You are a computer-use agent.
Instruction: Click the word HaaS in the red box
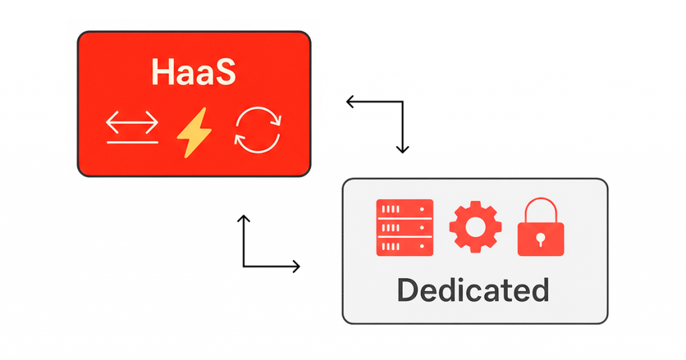click(x=194, y=72)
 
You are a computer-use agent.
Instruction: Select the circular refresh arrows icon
click(x=258, y=130)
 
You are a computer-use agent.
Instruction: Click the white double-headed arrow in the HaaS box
click(x=132, y=123)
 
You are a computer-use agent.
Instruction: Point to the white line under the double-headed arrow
click(x=132, y=142)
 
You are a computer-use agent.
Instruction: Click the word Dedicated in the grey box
click(x=473, y=290)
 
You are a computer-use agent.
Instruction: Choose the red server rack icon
click(x=405, y=228)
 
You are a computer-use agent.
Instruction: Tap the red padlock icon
click(x=541, y=228)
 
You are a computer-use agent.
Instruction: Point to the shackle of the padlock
click(x=541, y=209)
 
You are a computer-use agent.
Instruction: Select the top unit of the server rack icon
click(x=405, y=208)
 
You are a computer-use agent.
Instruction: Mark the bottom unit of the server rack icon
click(x=405, y=247)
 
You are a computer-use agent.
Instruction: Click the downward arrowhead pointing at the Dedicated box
click(x=402, y=149)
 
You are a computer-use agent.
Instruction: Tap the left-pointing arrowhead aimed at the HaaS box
click(x=350, y=102)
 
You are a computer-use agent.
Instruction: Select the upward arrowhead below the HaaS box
click(x=244, y=219)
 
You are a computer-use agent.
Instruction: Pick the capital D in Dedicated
click(x=409, y=290)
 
